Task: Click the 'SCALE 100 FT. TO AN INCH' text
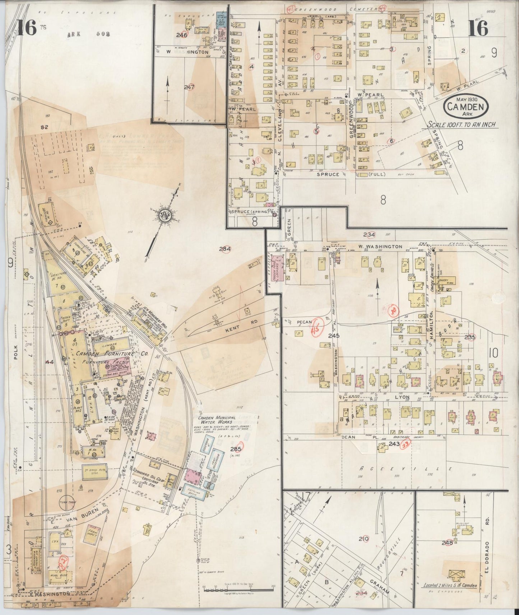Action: (461, 125)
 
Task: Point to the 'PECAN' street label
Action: (305, 322)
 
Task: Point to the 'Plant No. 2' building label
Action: (78, 409)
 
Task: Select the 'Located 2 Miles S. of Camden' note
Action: (455, 585)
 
